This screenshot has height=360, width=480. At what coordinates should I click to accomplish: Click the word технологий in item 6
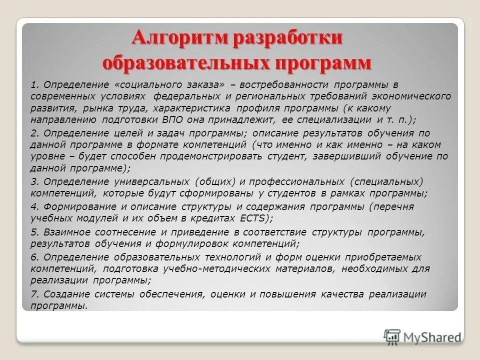point(226,257)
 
